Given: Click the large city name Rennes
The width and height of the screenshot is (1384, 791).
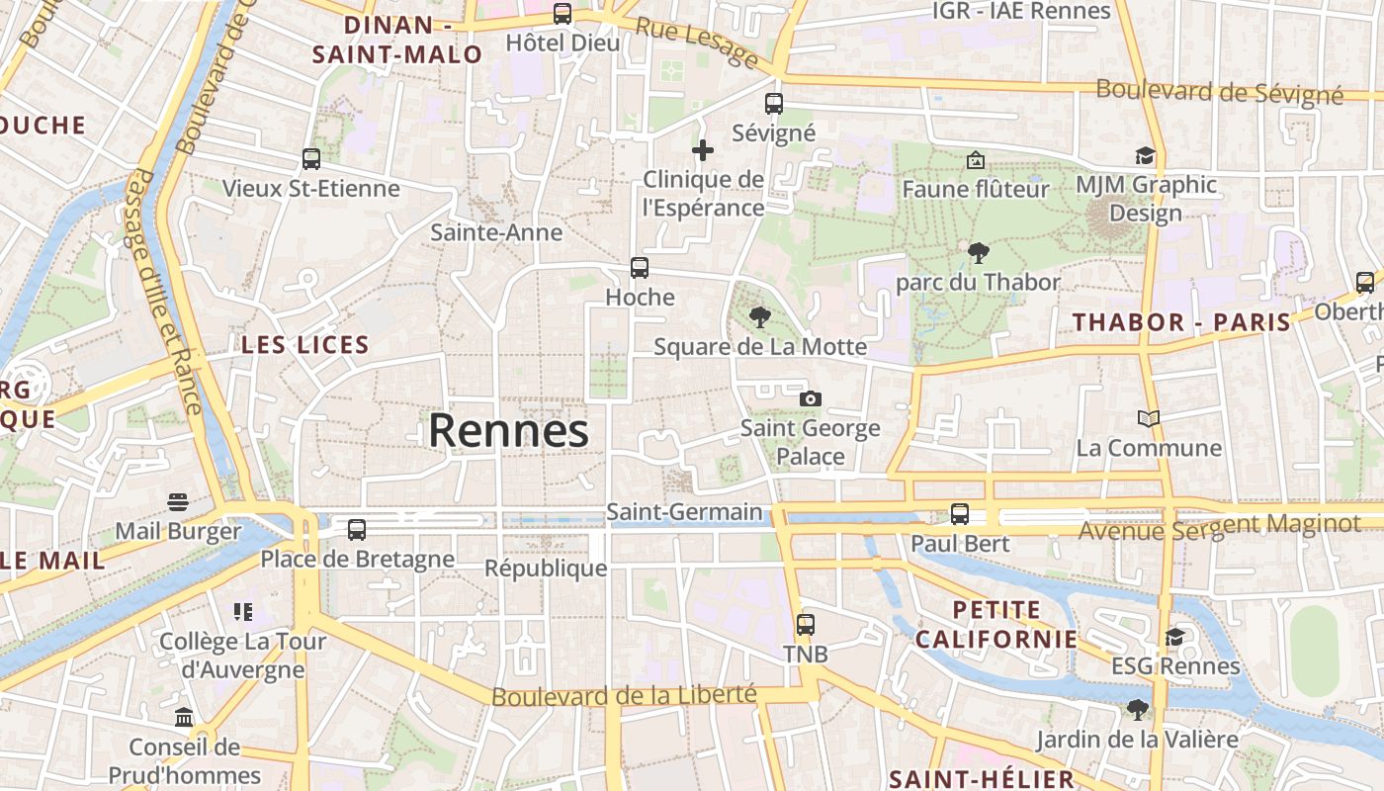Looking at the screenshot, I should click(508, 431).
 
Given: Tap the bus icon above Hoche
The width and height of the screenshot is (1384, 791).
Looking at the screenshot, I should click(640, 267).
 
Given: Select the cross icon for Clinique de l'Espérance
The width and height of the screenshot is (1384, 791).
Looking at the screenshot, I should click(703, 150).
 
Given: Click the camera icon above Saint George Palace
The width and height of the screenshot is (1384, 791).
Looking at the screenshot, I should click(811, 398).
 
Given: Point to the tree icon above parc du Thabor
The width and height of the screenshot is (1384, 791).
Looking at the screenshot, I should click(978, 253).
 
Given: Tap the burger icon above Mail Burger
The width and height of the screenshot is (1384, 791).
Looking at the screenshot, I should click(178, 502).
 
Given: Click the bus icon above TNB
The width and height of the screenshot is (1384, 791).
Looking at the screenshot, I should click(806, 625).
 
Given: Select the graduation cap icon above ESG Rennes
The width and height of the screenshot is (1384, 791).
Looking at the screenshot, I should click(1174, 637).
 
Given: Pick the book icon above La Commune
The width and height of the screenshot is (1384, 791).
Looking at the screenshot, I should click(1148, 419).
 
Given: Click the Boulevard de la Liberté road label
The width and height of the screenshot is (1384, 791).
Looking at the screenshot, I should click(624, 696).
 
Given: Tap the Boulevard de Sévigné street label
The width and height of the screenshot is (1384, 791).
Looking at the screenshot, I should click(1220, 92).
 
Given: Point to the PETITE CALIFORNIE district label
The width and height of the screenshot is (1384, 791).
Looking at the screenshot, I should click(996, 624).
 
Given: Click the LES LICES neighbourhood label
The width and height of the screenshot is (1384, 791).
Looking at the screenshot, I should click(305, 345).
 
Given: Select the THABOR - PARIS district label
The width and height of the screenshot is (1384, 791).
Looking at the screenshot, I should click(1182, 322).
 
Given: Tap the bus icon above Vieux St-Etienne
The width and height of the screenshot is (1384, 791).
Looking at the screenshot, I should click(311, 158).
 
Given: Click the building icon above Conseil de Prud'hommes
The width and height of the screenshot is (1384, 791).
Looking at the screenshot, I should click(184, 717).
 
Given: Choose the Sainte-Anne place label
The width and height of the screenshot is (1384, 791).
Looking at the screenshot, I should click(496, 232).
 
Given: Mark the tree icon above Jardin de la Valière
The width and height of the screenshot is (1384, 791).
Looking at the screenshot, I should click(1138, 709).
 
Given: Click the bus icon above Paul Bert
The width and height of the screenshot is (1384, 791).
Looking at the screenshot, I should click(960, 514).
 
